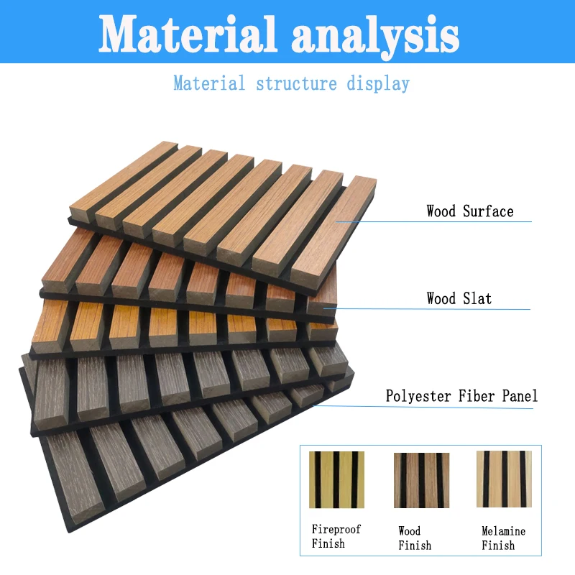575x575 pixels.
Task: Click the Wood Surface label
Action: tap(469, 211)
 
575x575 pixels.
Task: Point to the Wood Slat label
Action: tap(459, 298)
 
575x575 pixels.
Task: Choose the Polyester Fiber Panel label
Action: tap(461, 396)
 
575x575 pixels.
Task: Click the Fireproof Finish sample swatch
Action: tap(336, 479)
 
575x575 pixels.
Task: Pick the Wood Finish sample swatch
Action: tap(421, 479)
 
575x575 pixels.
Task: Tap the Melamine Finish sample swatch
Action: tap(504, 479)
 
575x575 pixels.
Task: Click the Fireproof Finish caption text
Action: tap(336, 536)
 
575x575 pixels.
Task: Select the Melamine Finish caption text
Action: tap(503, 538)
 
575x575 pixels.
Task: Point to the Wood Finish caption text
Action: tap(415, 538)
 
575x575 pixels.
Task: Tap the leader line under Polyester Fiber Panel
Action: tap(446, 408)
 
